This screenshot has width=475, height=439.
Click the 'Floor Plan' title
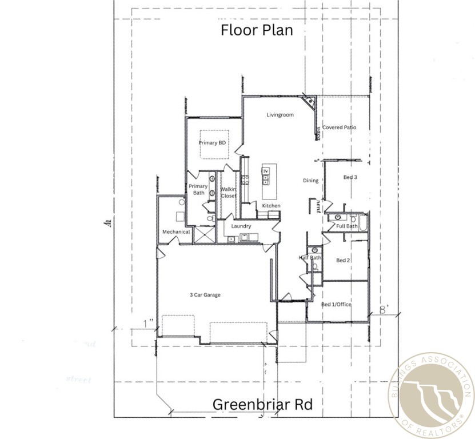tap(257, 30)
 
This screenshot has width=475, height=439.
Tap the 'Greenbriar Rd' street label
tap(262, 405)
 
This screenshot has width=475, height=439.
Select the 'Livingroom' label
tap(280, 115)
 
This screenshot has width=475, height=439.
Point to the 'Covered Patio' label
tap(339, 127)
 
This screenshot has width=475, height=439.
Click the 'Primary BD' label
tap(211, 143)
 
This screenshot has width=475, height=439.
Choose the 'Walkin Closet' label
tap(229, 192)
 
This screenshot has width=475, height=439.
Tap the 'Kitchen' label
tap(271, 206)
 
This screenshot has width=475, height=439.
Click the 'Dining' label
tap(310, 181)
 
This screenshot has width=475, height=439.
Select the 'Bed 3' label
tap(350, 177)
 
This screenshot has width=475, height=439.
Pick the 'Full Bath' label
tap(346, 226)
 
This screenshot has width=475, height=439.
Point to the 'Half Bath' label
tap(310, 258)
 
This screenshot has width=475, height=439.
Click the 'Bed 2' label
tap(343, 261)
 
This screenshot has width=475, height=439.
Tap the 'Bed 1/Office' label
tap(336, 305)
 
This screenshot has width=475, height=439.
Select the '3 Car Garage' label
tap(205, 295)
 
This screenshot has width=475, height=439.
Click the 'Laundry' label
tap(241, 226)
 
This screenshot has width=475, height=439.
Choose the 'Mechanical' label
tap(176, 232)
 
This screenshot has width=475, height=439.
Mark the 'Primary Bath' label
tap(198, 189)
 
